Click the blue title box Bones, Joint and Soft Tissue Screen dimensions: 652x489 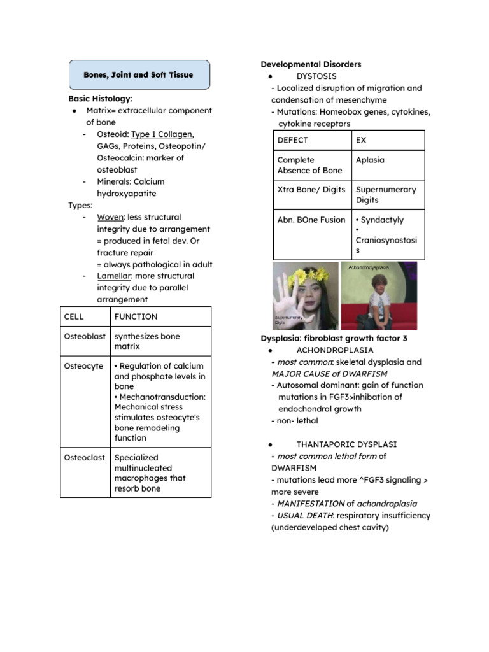pyautogui.click(x=139, y=75)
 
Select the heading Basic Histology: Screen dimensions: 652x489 pyautogui.click(x=100, y=99)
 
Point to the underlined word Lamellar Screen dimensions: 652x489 pyautogui.click(x=113, y=276)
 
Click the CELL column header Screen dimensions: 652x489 pyautogui.click(x=74, y=316)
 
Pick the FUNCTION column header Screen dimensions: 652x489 pyautogui.click(x=136, y=316)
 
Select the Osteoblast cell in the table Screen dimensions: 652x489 pyautogui.click(x=85, y=336)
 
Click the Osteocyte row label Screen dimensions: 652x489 pyautogui.click(x=83, y=366)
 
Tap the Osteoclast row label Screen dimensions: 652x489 pyautogui.click(x=84, y=457)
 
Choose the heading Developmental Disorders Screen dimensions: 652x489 pyautogui.click(x=311, y=64)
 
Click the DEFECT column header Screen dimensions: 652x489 pyautogui.click(x=292, y=140)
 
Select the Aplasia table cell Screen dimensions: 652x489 pyautogui.click(x=370, y=160)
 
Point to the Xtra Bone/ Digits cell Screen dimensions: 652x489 pyautogui.click(x=311, y=190)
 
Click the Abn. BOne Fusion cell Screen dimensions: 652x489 pyautogui.click(x=311, y=220)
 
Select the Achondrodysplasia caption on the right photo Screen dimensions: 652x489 pyautogui.click(x=368, y=268)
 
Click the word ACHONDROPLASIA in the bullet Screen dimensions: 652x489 pyautogui.click(x=335, y=350)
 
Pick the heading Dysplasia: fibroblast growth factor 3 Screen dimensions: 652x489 pyautogui.click(x=334, y=338)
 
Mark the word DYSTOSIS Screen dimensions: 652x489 pyautogui.click(x=316, y=76)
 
